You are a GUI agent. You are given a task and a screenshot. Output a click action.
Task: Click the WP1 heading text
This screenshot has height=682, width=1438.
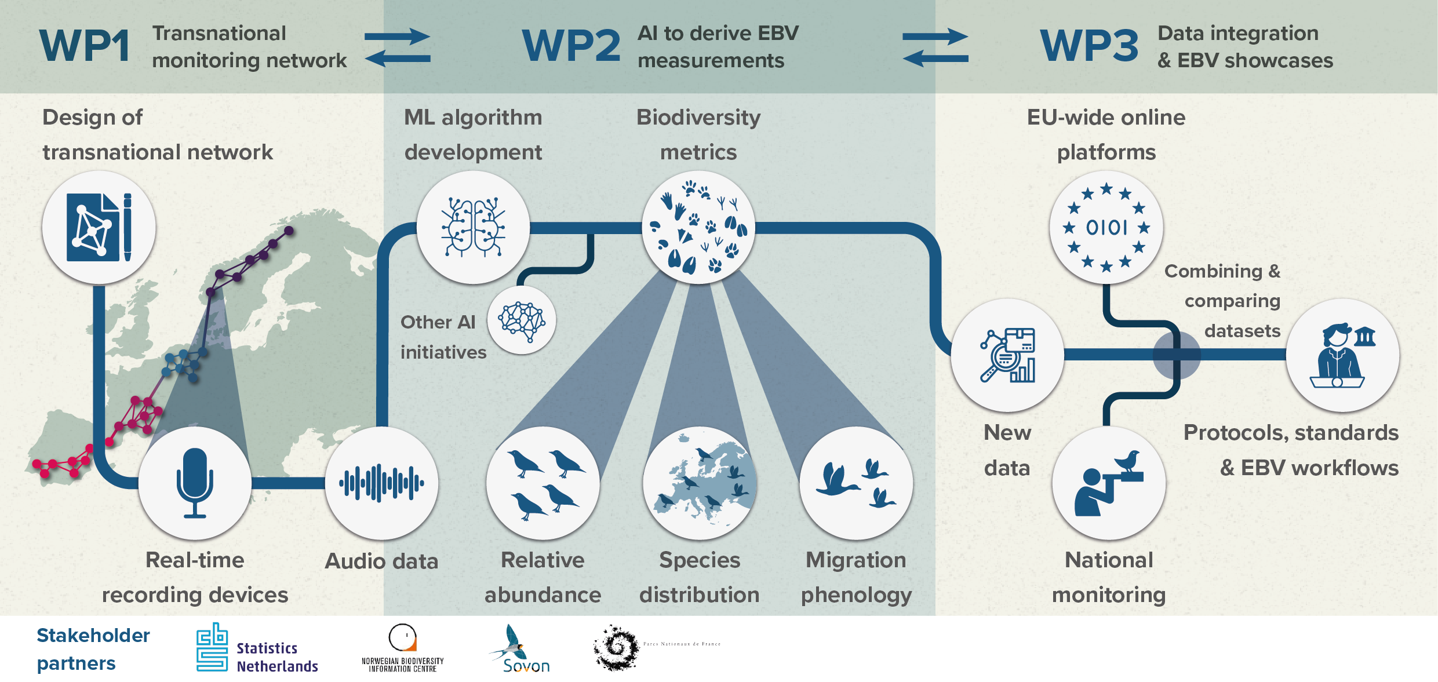pyautogui.click(x=85, y=46)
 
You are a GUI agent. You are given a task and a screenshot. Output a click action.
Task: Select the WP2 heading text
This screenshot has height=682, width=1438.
pyautogui.click(x=571, y=46)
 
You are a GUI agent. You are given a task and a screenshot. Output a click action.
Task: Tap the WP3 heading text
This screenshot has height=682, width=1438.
pyautogui.click(x=1089, y=46)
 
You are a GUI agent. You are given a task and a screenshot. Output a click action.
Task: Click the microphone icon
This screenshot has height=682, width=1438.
pyautogui.click(x=195, y=483)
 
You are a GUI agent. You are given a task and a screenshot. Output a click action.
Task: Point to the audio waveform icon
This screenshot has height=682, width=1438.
pyautogui.click(x=381, y=483)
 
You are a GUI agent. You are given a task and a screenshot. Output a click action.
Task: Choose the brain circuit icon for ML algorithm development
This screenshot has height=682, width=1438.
pyautogui.click(x=473, y=227)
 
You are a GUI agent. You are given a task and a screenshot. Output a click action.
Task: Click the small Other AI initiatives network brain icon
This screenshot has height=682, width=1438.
pyautogui.click(x=522, y=320)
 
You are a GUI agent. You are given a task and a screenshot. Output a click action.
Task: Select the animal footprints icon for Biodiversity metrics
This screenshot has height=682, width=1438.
pyautogui.click(x=698, y=227)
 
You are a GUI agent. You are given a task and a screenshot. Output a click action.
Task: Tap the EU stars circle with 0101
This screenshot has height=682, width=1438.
pyautogui.click(x=1106, y=227)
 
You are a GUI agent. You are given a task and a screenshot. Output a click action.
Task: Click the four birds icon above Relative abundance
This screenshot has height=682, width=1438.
pyautogui.click(x=543, y=483)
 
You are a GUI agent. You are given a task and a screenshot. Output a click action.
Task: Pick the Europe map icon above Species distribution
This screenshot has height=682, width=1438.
pyautogui.click(x=700, y=483)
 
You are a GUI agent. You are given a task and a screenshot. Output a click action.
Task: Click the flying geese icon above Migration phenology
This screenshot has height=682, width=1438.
pyautogui.click(x=856, y=483)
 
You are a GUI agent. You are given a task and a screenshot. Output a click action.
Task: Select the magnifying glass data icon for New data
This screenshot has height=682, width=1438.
pyautogui.click(x=1007, y=355)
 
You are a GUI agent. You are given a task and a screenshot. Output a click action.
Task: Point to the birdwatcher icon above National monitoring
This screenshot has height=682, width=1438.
pyautogui.click(x=1108, y=483)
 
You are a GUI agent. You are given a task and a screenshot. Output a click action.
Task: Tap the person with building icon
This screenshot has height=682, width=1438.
pyautogui.click(x=1342, y=355)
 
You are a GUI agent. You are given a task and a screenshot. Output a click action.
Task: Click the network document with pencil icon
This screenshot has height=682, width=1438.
pyautogui.click(x=99, y=227)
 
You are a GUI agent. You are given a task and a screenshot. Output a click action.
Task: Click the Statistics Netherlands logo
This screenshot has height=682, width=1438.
pyautogui.click(x=257, y=648)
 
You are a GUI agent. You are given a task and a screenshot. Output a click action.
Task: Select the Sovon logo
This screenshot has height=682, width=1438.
pyautogui.click(x=520, y=650)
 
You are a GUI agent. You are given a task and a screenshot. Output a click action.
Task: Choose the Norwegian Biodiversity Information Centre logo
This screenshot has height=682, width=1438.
pyautogui.click(x=402, y=648)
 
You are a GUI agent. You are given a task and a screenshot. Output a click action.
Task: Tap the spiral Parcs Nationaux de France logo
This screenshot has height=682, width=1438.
pyautogui.click(x=617, y=647)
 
